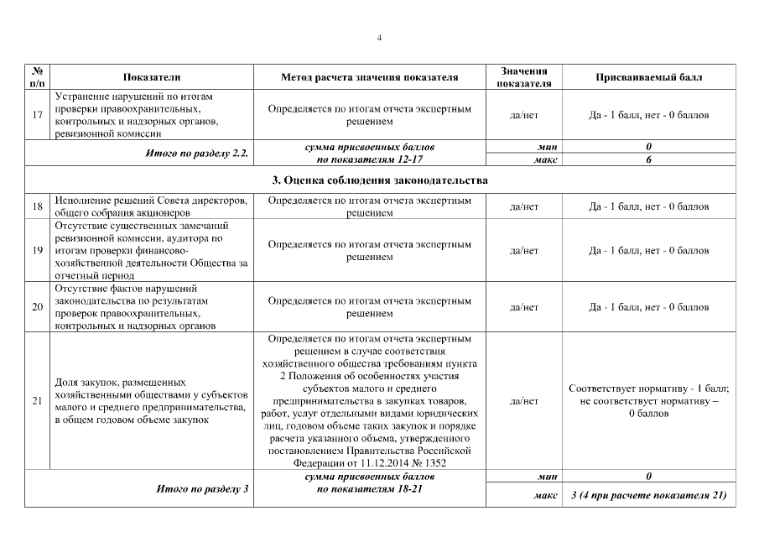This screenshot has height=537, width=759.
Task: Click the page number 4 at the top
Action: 379,38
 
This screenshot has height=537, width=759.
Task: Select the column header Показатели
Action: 151,77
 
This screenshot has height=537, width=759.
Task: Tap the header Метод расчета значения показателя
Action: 370,77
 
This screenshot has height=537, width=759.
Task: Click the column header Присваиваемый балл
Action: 648,77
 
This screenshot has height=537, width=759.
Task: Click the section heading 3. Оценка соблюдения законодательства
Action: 380,180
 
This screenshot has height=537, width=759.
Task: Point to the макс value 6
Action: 648,159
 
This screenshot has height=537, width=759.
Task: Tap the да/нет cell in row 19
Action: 523,251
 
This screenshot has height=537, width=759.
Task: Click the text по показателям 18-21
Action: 370,487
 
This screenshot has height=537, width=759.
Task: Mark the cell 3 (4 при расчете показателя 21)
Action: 648,495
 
